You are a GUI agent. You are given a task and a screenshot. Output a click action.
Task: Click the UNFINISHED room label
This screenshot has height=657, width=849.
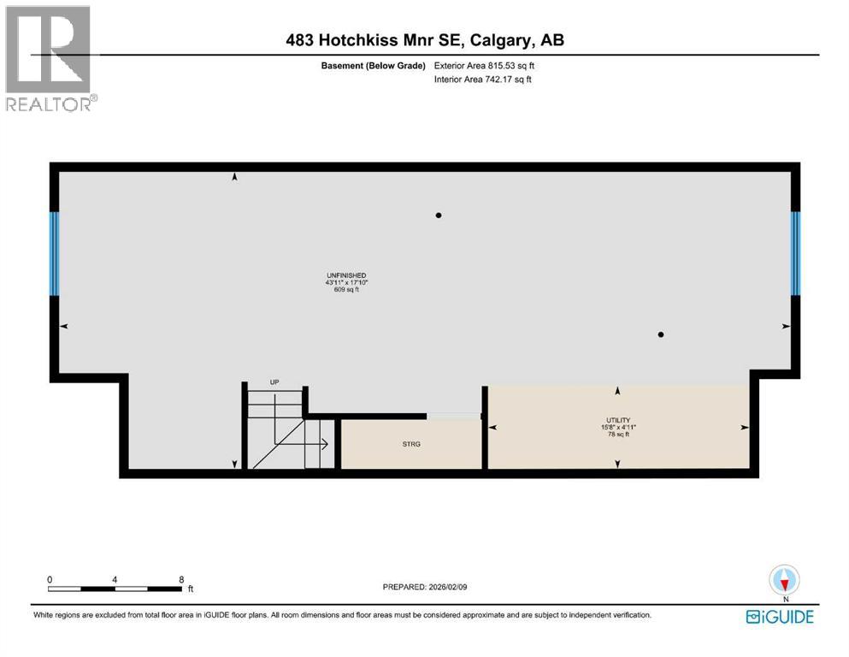[345, 275]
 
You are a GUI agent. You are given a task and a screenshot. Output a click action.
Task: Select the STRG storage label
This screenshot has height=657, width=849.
[412, 444]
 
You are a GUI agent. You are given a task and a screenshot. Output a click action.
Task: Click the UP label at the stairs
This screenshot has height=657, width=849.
[274, 382]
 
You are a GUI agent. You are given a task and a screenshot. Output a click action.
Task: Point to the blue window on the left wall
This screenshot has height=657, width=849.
[55, 253]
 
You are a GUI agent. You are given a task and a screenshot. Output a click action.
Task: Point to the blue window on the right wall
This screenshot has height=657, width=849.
[795, 253]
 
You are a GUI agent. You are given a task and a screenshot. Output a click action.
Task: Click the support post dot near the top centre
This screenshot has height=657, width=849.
[439, 216]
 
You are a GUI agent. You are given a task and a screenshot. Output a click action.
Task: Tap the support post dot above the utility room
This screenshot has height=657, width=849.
[661, 334]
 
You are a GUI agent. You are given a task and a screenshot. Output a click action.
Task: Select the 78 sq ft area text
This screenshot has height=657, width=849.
[617, 435]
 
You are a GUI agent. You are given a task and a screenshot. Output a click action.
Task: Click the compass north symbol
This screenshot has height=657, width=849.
[784, 581]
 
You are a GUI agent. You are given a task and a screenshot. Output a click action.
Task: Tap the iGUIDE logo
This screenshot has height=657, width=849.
[779, 616]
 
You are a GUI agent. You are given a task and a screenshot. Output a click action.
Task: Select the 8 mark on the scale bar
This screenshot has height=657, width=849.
[181, 579]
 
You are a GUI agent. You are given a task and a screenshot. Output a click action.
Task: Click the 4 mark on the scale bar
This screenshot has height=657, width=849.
[115, 579]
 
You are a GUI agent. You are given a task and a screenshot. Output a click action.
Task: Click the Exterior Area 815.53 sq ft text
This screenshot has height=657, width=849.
[485, 65]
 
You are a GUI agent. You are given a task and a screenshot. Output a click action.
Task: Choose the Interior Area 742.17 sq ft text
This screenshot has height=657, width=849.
[483, 80]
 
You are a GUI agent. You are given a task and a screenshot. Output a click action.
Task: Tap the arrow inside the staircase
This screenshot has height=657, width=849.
[323, 444]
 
